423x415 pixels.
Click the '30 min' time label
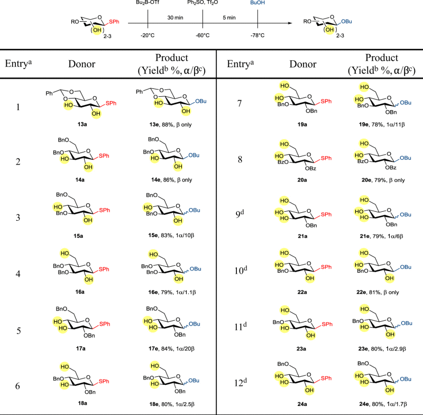(x=174, y=17)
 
